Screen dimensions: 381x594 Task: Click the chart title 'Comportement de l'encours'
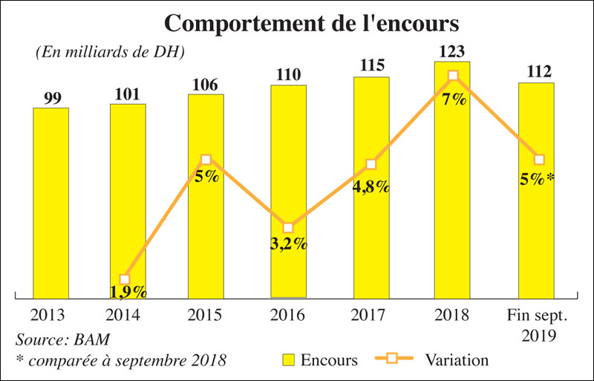click(311, 24)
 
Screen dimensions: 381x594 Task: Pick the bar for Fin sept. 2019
click(536, 223)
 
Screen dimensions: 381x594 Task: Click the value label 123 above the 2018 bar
click(453, 52)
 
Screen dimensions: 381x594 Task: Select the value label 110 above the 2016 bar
click(288, 75)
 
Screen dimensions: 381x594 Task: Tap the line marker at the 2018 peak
click(454, 76)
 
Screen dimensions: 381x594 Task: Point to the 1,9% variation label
click(128, 292)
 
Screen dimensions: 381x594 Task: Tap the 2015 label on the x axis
click(206, 315)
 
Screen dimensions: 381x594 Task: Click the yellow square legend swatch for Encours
click(290, 360)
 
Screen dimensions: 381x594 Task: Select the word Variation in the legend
click(457, 360)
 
